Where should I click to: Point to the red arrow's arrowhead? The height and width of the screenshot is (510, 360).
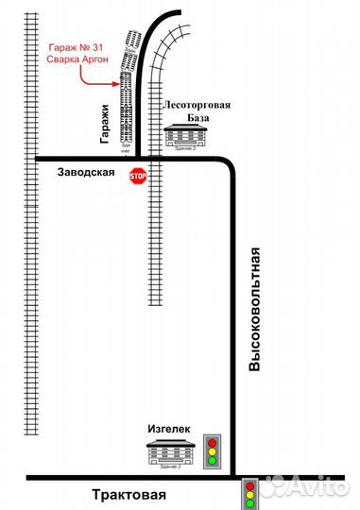coord(116,83)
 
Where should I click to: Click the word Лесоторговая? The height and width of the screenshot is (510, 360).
coord(197,107)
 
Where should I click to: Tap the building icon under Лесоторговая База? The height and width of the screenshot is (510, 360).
coord(185,137)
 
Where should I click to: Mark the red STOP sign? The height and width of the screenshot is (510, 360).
coord(138,176)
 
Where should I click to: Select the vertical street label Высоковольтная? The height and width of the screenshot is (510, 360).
coord(254,308)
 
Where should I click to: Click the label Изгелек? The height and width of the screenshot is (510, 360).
coord(168,428)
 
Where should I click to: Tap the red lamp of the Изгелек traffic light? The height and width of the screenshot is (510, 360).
coord(214,441)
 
